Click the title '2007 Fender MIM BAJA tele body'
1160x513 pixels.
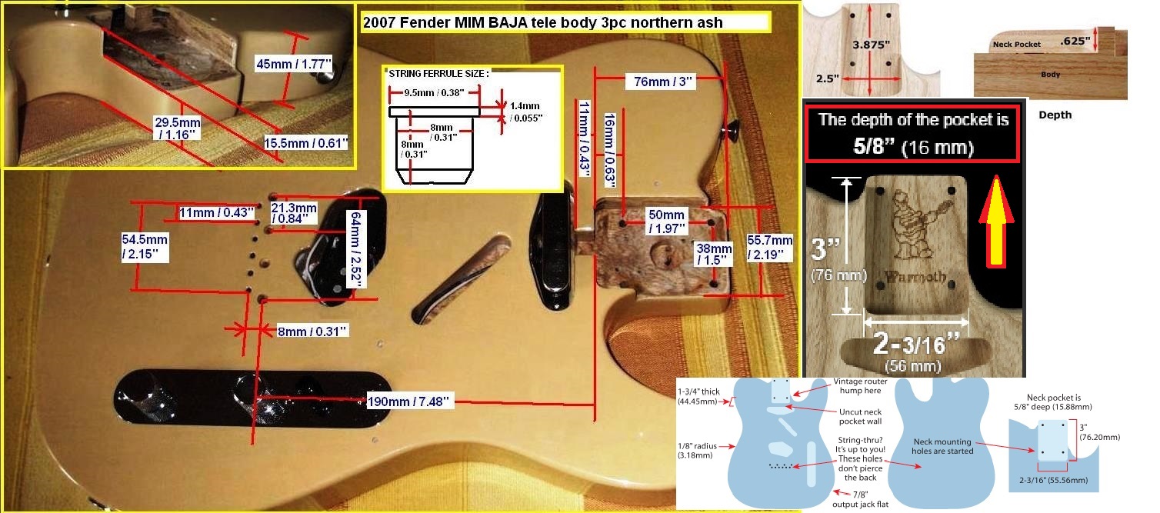point(542,22)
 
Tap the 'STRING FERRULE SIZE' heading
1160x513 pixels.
point(438,74)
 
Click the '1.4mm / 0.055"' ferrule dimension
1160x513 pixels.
point(526,112)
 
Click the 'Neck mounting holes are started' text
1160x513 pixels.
point(942,447)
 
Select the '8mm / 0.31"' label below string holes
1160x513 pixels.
point(312,331)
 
